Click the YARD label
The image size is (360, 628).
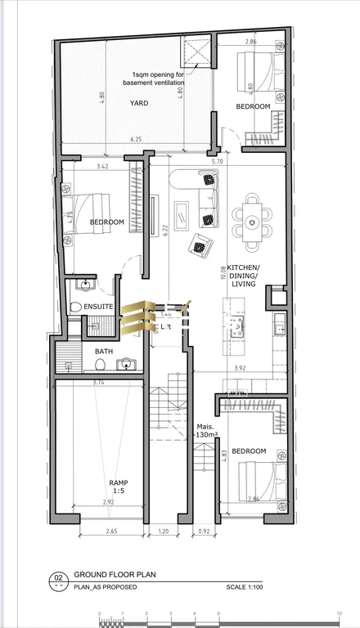click(140, 103)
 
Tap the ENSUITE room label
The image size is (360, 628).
click(98, 307)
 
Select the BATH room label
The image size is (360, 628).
click(104, 352)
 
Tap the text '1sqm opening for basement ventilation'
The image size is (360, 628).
click(154, 78)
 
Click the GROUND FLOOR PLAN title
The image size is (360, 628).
click(122, 576)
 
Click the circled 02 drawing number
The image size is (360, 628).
click(58, 576)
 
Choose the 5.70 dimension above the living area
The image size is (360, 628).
click(217, 162)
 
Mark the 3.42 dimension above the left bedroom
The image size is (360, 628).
click(102, 167)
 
